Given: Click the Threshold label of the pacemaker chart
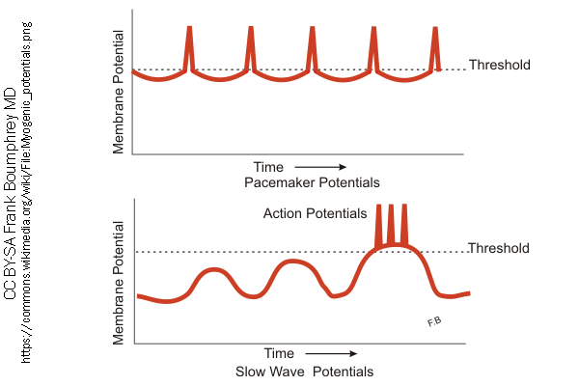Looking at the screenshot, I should (x=499, y=66).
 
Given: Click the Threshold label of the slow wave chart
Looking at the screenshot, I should (x=499, y=249).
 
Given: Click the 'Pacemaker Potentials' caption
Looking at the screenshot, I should (x=312, y=182).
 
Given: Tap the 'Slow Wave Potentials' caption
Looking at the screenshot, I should (x=303, y=371).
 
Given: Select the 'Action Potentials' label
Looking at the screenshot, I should (x=315, y=213).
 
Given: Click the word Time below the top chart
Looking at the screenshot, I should (x=268, y=167).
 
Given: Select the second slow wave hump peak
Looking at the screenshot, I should (x=293, y=262).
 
